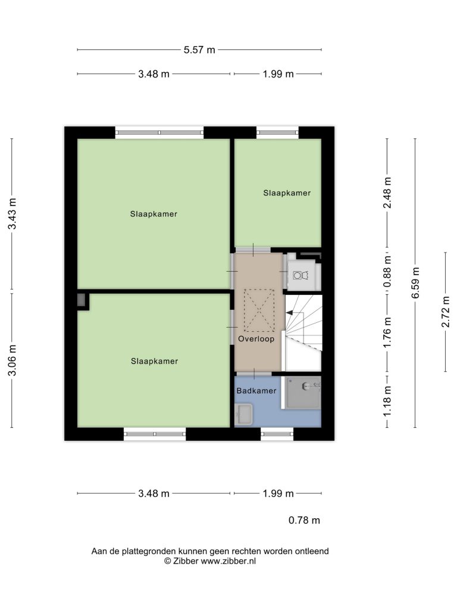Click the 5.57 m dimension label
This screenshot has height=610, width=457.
click(199, 50)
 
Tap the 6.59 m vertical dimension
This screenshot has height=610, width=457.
click(415, 283)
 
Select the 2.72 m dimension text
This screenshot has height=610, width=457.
click(446, 312)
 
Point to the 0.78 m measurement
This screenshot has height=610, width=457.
click(304, 520)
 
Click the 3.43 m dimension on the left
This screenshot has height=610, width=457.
click(12, 214)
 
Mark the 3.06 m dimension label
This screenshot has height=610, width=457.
click(12, 360)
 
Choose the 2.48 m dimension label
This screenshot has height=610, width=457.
click(387, 192)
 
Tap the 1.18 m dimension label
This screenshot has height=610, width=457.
click(387, 401)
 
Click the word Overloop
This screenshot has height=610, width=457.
click(256, 339)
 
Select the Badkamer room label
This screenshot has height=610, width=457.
click(256, 391)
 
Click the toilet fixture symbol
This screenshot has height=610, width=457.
click(301, 275)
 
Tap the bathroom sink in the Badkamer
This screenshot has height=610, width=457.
click(244, 415)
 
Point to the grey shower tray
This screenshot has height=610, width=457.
click(303, 392)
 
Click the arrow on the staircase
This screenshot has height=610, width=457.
click(290, 312)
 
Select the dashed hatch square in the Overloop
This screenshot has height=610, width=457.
click(259, 310)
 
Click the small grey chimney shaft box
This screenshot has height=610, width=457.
click(81, 300)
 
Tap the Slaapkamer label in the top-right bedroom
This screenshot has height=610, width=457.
click(287, 193)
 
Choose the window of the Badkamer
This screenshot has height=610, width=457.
click(277, 434)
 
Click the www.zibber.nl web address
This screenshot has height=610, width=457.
click(228, 561)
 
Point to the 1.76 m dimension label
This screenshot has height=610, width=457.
click(387, 333)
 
